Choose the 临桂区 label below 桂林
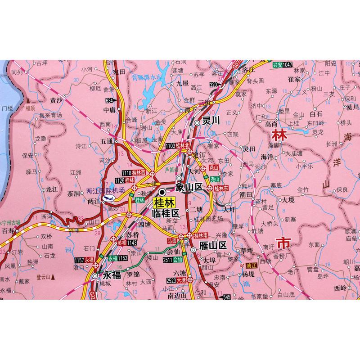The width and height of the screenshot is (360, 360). click(x=166, y=213)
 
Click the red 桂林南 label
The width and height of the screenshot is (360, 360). click(x=201, y=235)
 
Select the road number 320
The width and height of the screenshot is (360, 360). click(x=213, y=84)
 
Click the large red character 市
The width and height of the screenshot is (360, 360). click(x=284, y=243)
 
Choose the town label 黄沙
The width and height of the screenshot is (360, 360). click(x=56, y=100)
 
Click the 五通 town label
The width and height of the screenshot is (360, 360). click(x=107, y=141)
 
